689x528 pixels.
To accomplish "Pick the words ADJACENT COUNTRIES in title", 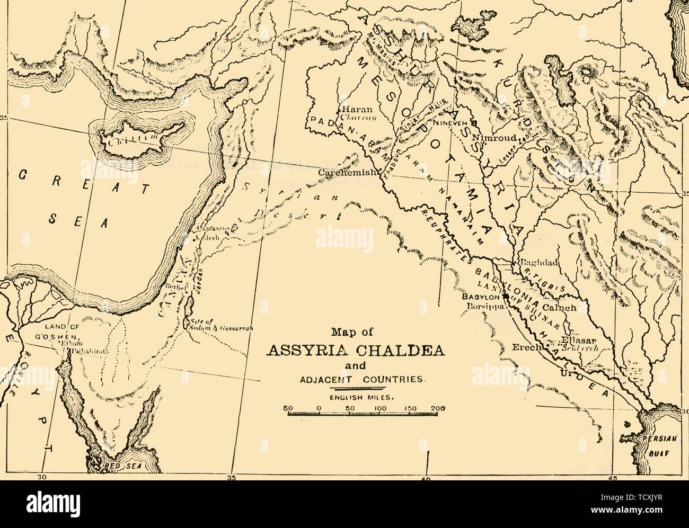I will [361, 379].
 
